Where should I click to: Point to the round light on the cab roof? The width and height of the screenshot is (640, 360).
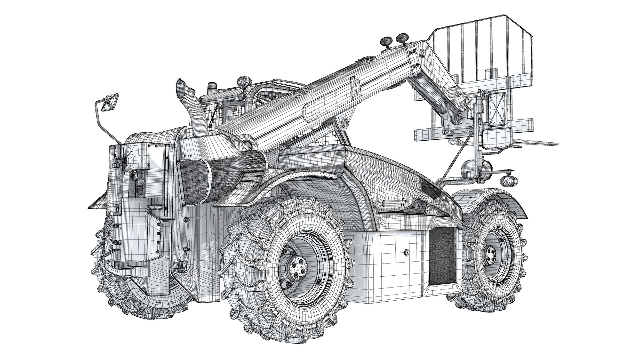coord(241,81)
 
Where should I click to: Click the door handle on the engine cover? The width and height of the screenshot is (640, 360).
coord(393,203)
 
